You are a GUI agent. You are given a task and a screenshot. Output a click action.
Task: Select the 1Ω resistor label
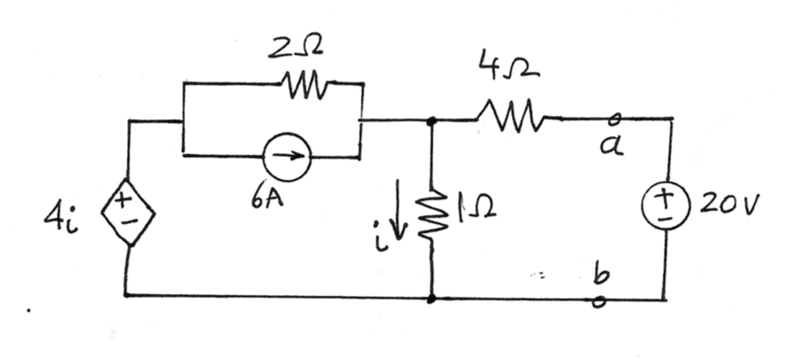[x=477, y=206]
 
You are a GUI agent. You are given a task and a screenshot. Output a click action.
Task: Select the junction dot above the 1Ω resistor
[x=432, y=121]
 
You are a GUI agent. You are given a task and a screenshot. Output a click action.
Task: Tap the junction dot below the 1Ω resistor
[x=432, y=298]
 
